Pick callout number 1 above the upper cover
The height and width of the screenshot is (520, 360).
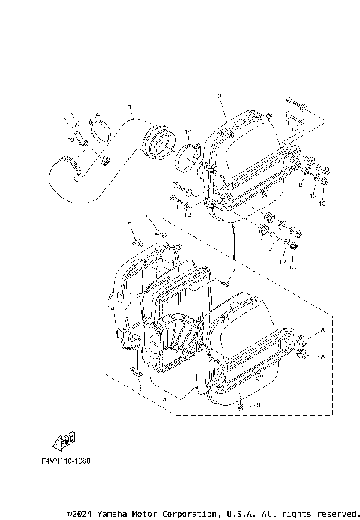[222, 95]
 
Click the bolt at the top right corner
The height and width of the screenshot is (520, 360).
[293, 101]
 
